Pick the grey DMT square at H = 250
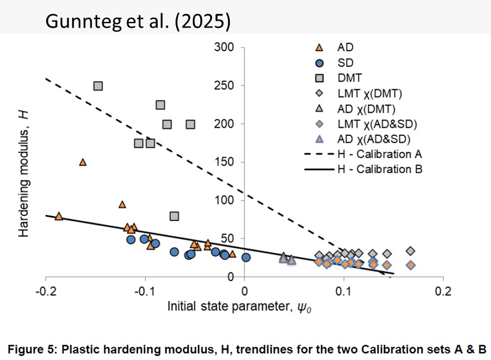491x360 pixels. point(98,86)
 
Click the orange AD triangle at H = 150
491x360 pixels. point(83,162)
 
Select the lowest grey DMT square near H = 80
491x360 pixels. point(174,216)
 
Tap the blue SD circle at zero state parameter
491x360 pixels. point(246,257)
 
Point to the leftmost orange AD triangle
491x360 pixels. point(59,216)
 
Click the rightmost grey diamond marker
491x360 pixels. point(410,251)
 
